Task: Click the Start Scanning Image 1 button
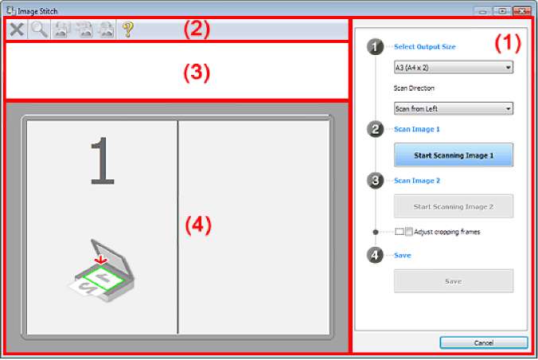coord(454,155)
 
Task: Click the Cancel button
coord(484,342)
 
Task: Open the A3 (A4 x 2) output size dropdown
coord(454,68)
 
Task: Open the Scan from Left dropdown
coord(454,108)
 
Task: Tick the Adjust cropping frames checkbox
coord(399,232)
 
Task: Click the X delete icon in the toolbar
coord(17,29)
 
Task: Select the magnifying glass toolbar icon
coord(39,29)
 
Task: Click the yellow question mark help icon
coord(127,29)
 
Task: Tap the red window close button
coord(522,11)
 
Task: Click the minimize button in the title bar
coord(483,11)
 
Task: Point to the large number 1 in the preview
coord(102,161)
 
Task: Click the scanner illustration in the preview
coord(101,271)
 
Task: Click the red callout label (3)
coord(197,72)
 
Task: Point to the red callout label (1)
coord(508,43)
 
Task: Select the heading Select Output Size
coord(425,47)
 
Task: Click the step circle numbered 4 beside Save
coord(375,255)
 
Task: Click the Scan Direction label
coord(414,88)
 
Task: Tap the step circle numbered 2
coord(375,130)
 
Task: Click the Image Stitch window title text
coord(37,11)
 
